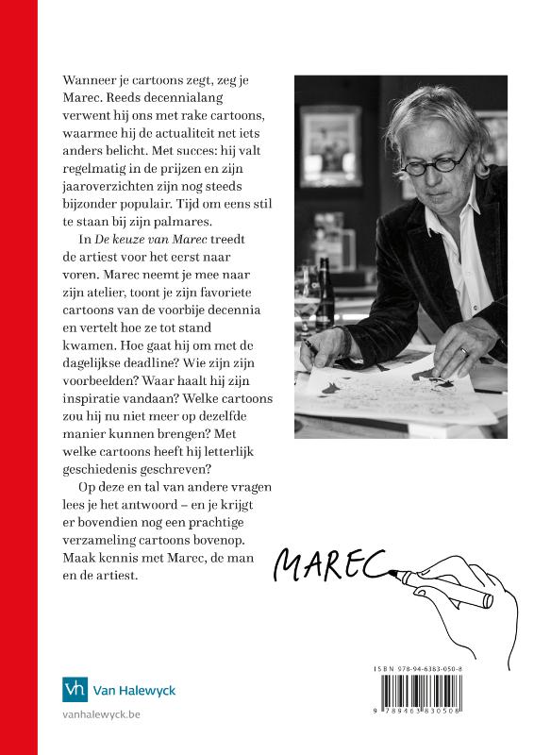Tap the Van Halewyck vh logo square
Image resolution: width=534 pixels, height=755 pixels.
pos(75,690)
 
